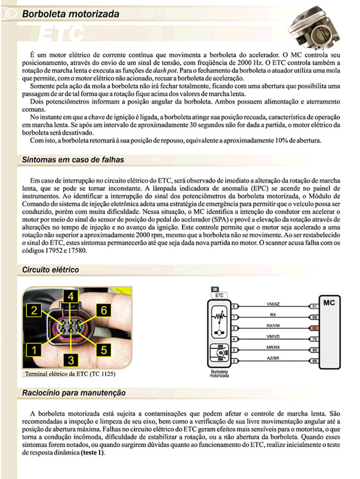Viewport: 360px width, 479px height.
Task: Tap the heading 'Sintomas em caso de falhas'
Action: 73,160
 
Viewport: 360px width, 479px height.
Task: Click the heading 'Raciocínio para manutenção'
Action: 74,393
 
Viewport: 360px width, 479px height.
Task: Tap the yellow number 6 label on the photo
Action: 104,310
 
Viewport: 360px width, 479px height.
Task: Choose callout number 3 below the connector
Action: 71,361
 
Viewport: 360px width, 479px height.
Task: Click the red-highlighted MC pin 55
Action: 314,329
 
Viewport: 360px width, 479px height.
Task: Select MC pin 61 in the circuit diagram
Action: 314,306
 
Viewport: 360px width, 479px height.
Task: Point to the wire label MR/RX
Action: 273,348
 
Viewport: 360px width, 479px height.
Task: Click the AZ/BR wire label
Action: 273,359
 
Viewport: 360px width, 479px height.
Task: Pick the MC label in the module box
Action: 329,303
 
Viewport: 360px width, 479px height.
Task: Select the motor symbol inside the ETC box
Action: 219,353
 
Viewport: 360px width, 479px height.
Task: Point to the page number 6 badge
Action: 8,15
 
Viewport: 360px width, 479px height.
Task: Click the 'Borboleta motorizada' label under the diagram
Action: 219,374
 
